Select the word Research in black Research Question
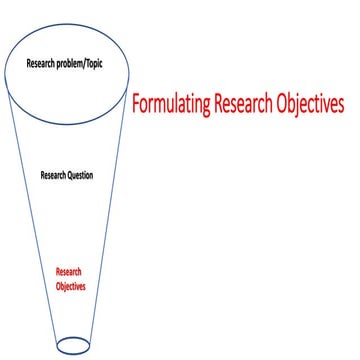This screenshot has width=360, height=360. (54, 176)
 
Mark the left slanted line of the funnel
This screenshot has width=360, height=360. (30, 200)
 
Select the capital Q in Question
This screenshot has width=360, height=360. (72, 176)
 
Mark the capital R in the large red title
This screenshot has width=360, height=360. (219, 103)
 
